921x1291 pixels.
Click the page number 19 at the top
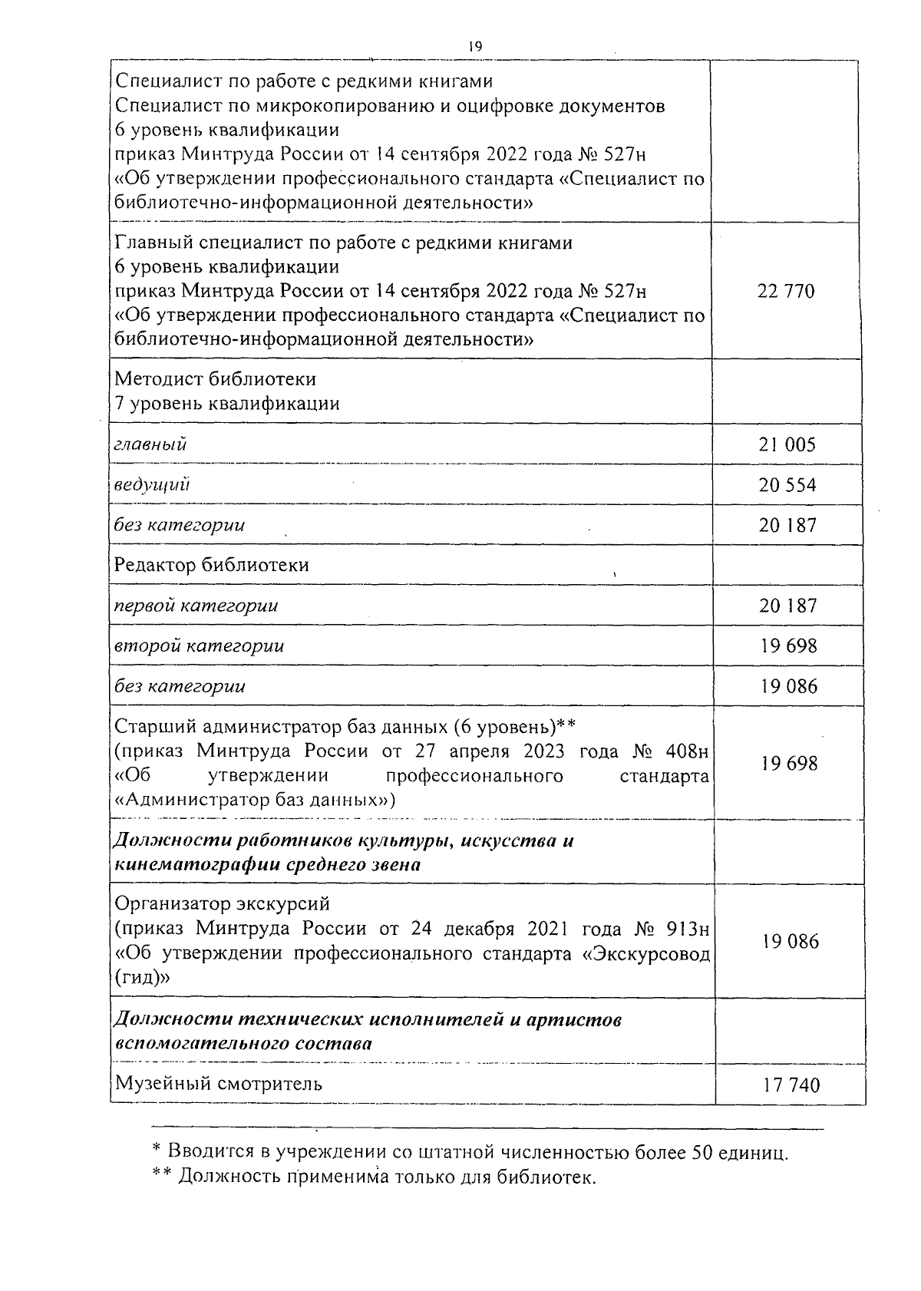tap(474, 47)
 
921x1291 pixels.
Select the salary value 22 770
tap(786, 292)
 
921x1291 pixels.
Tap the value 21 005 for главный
tap(787, 444)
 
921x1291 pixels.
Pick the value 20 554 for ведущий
tap(787, 485)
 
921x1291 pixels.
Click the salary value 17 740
tap(791, 1085)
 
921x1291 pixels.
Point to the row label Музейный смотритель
tap(219, 1083)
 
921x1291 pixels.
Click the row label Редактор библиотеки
tap(212, 565)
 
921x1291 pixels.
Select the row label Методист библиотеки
tap(215, 379)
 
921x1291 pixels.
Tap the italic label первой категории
tap(196, 606)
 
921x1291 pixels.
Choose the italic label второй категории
tap(200, 645)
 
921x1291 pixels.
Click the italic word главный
tap(150, 444)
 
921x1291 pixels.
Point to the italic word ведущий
tap(153, 485)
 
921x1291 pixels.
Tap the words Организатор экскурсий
tap(222, 903)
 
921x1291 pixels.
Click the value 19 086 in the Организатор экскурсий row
tap(791, 941)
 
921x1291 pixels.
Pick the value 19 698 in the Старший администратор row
tap(789, 764)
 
